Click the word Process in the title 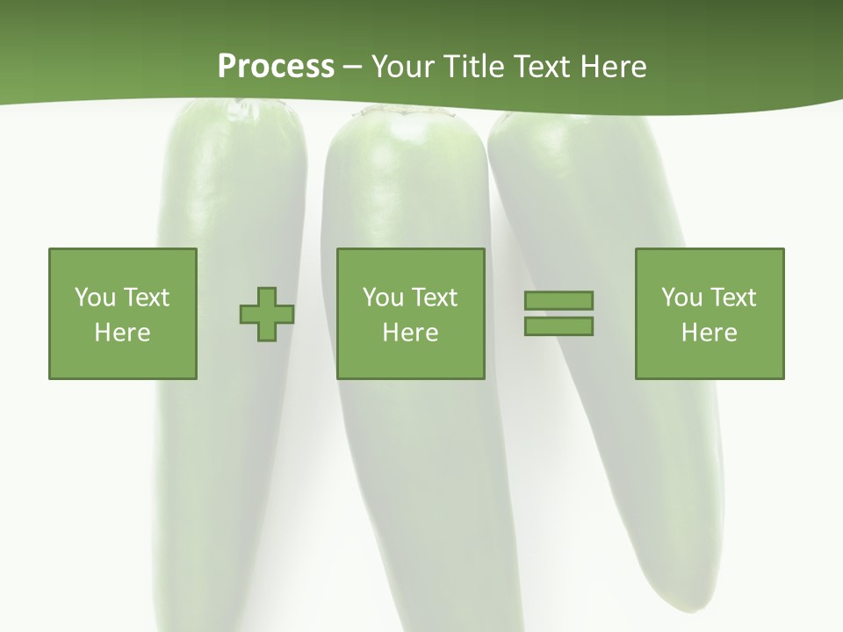tap(276, 67)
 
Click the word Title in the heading tap(472, 67)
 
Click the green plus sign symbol tap(267, 313)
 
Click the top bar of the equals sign tap(558, 300)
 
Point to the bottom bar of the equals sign tap(558, 326)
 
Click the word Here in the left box tap(122, 333)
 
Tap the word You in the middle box tap(382, 298)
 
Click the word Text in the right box tap(733, 298)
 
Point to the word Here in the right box tap(710, 333)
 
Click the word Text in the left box tap(146, 298)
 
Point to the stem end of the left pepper tap(241, 110)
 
